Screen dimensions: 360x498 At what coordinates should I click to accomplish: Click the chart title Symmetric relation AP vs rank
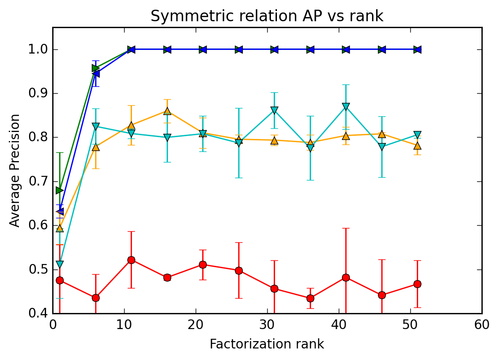(x=267, y=16)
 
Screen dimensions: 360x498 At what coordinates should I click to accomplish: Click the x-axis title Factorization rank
(x=267, y=344)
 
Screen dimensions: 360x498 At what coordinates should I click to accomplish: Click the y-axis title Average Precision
(x=15, y=170)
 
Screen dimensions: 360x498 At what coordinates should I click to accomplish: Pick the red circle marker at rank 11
(x=131, y=260)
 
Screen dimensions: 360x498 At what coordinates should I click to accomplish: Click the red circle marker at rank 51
(x=417, y=284)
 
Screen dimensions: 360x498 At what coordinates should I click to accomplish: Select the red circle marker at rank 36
(x=310, y=298)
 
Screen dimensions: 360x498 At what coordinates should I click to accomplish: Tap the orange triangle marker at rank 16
(x=167, y=111)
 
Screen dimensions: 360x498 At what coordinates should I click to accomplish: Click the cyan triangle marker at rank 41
(x=346, y=107)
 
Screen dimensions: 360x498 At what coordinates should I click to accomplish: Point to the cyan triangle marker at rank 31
(x=274, y=110)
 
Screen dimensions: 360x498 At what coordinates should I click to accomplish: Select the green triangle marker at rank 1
(x=60, y=190)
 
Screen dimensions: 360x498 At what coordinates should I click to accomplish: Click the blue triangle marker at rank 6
(x=96, y=73)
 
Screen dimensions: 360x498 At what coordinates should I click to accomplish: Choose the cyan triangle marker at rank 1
(x=60, y=264)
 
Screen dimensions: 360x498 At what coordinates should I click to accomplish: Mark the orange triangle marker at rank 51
(x=417, y=146)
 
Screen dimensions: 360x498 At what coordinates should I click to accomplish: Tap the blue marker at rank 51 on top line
(x=417, y=49)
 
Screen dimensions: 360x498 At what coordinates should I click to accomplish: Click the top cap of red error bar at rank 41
(x=346, y=228)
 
